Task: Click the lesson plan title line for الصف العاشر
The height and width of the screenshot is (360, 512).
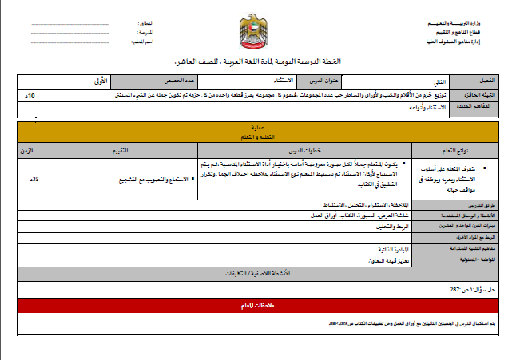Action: pyautogui.click(x=256, y=62)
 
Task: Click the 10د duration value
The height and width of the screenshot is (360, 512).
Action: pyautogui.click(x=30, y=95)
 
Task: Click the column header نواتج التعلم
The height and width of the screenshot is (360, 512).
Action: pyautogui.click(x=457, y=150)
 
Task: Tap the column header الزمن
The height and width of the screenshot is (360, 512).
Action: pyautogui.click(x=26, y=150)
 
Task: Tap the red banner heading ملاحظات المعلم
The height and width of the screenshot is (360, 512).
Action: pyautogui.click(x=257, y=305)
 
